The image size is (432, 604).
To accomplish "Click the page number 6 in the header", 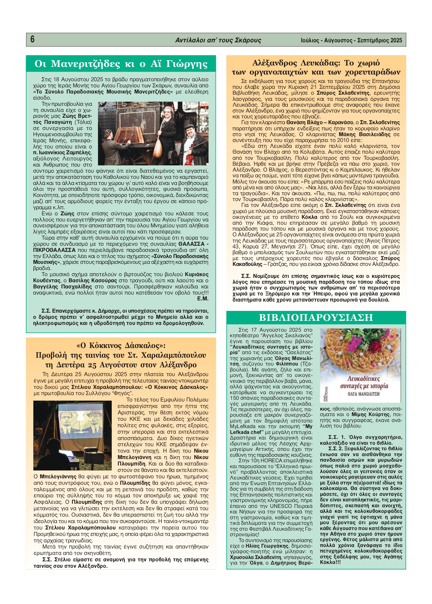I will coord(32,39).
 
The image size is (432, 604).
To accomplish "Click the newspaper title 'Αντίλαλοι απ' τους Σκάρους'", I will coord(218,40).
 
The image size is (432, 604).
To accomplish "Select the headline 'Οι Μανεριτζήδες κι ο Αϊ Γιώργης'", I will coord(121,64).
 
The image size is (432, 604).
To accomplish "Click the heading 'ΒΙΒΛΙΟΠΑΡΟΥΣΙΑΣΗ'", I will coord(316,317).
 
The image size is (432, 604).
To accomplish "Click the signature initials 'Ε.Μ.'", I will coord(203,299).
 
